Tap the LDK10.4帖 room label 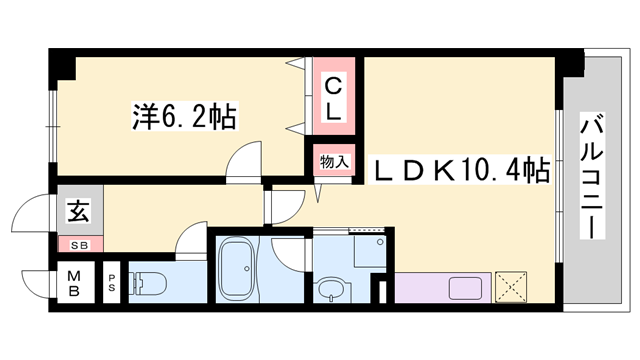point(461,170)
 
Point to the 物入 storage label point(334,161)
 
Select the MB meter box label point(73,283)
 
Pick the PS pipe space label point(112,283)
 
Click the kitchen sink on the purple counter point(468,288)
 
